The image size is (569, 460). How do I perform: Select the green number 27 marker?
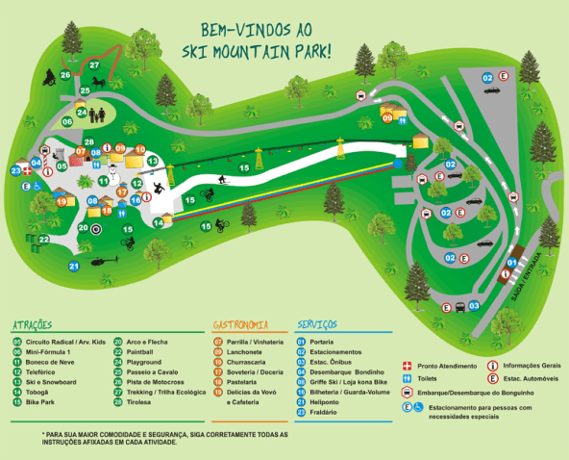pos(94,64)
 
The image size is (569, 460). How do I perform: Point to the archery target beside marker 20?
pos(95,229)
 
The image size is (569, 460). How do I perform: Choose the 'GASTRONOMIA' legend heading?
pos(240,325)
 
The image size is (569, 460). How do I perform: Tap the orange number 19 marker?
pos(62,201)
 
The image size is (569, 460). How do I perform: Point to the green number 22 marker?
pos(44,239)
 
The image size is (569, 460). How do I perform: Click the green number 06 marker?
pos(68,122)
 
